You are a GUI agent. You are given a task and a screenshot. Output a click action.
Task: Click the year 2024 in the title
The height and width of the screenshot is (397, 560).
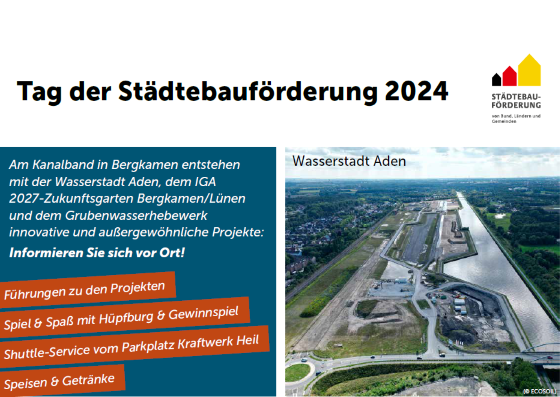416,91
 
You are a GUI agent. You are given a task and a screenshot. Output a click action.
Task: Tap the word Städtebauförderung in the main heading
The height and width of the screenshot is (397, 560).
248,92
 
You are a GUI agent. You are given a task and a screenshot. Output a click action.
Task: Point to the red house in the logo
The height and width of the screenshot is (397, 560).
509,76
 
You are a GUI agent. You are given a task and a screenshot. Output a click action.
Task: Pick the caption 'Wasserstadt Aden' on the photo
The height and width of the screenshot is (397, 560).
349,161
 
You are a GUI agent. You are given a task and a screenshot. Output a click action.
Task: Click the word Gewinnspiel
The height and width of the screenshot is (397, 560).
203,313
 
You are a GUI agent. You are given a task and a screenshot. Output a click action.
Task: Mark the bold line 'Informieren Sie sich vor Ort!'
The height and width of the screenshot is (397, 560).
97,253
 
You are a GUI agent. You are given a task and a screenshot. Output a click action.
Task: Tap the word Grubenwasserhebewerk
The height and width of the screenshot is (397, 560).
136,215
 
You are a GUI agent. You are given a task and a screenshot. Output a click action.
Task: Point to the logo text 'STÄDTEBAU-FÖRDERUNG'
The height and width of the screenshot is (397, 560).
516,101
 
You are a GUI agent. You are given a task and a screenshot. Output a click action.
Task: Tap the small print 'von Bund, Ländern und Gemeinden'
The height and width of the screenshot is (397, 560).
516,118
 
